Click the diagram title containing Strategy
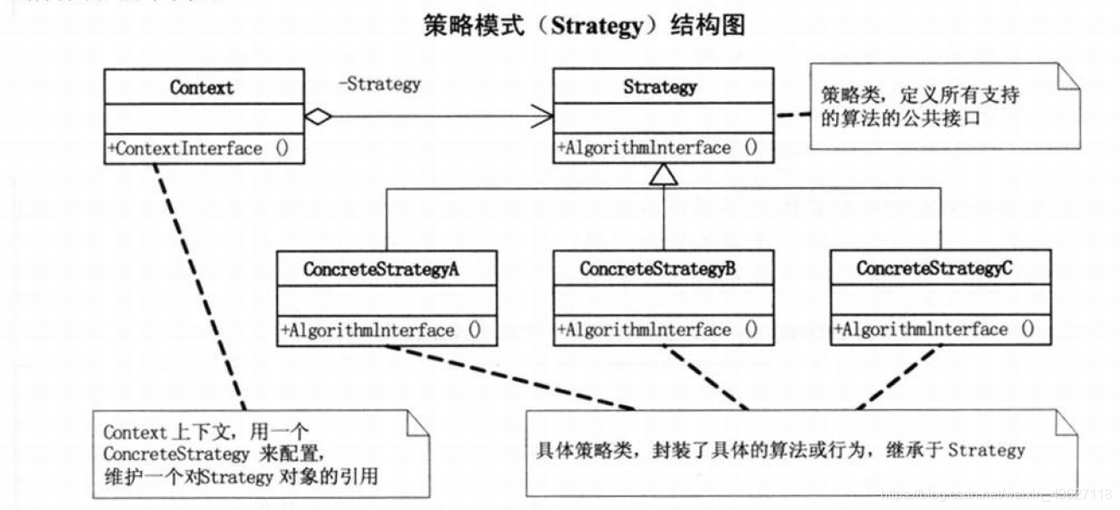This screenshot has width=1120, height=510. [584, 26]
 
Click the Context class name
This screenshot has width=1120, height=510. [202, 88]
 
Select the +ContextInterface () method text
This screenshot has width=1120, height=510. [197, 149]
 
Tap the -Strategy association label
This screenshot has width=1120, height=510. [379, 84]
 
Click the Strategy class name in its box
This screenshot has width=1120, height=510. [660, 87]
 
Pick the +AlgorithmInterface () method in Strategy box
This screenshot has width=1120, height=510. [657, 148]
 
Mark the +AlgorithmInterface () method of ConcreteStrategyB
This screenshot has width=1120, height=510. [657, 330]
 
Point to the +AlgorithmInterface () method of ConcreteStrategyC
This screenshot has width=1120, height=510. [934, 330]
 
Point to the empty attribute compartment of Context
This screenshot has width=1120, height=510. [203, 117]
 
